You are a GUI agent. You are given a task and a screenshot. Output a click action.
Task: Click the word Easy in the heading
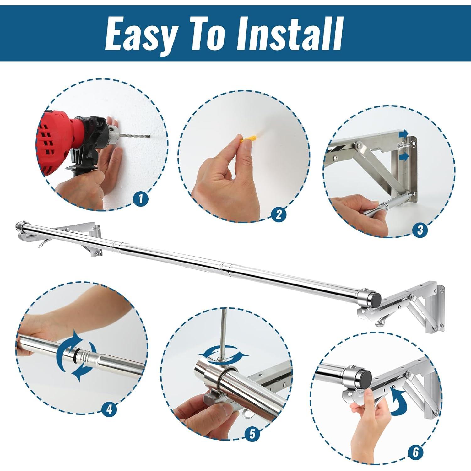coord(141,34)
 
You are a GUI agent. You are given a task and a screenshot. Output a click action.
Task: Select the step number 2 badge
coord(279,214)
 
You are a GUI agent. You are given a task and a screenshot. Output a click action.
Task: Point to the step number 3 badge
coord(420,230)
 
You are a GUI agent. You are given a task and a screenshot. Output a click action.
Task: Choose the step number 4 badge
coord(109,409)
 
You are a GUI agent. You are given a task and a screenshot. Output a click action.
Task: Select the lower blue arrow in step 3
coord(406,156)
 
